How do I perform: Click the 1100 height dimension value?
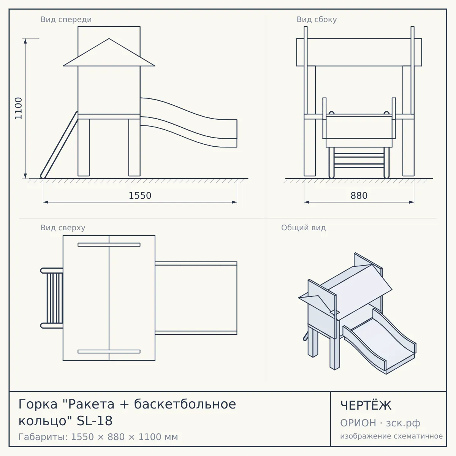[19, 108]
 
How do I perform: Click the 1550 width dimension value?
[140, 196]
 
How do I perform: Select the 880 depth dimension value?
[359, 196]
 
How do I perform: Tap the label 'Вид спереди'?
[66, 19]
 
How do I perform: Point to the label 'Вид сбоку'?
[317, 19]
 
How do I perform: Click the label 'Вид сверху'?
[63, 228]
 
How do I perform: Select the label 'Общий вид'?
[303, 228]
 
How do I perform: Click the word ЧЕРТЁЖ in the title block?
[366, 405]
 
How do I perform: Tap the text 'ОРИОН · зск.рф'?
[380, 423]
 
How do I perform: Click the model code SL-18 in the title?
[95, 421]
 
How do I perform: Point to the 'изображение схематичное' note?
[391, 436]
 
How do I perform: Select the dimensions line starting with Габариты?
[98, 437]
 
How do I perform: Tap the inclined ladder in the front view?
[59, 145]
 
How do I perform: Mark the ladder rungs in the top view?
[55, 298]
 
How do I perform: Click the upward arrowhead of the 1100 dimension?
[25, 41]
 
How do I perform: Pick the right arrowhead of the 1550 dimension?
[234, 202]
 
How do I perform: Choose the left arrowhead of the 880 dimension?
[307, 202]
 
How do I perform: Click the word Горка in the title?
[38, 404]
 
